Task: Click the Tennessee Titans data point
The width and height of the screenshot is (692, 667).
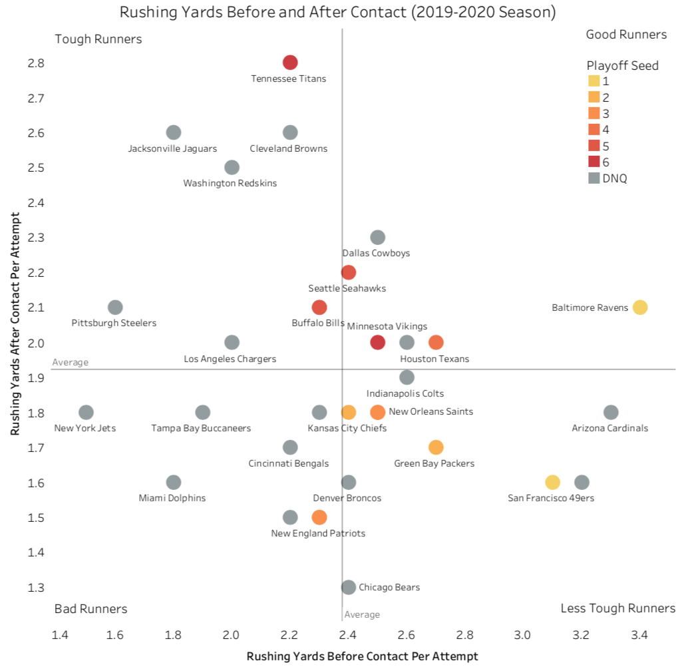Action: [289, 63]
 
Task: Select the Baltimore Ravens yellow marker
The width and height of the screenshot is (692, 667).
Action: [640, 308]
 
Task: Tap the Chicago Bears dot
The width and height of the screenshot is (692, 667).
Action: [348, 587]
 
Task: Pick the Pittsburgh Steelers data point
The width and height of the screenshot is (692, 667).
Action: [115, 308]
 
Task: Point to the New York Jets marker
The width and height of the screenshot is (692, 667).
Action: [86, 413]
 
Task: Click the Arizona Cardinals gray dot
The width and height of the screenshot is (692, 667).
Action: [611, 413]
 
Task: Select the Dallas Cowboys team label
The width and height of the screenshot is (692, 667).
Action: [376, 253]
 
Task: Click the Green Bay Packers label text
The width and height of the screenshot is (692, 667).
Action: [434, 463]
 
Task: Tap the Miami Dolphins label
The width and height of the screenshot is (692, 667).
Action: [172, 498]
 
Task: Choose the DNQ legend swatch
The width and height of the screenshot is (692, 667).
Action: [594, 178]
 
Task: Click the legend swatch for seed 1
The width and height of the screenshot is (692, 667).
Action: [594, 81]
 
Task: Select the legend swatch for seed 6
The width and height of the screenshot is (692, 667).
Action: [594, 162]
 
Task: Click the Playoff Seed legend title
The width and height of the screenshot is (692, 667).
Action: [623, 65]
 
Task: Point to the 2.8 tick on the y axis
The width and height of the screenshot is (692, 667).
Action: [36, 63]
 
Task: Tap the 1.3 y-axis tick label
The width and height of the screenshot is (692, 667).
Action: [36, 588]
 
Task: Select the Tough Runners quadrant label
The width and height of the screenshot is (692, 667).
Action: [98, 39]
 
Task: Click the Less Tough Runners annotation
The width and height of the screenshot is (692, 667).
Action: [618, 608]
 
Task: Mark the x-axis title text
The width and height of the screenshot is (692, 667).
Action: [362, 656]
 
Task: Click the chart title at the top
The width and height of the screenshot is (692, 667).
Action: [337, 12]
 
